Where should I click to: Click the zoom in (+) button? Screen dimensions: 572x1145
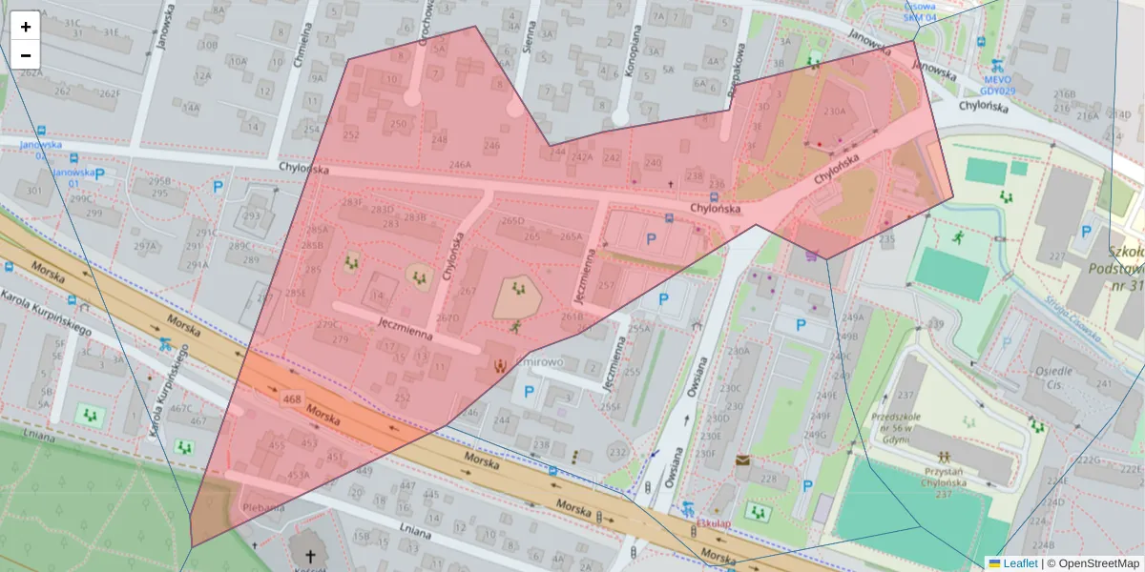[x=26, y=27]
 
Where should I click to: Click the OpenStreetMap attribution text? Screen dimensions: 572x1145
[x=1093, y=563]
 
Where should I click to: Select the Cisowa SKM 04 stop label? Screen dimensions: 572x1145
[x=920, y=11]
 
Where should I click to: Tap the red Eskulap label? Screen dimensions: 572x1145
[x=713, y=523]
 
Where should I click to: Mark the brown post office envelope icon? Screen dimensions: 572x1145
[x=742, y=460]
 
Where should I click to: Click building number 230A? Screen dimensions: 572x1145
[x=834, y=112]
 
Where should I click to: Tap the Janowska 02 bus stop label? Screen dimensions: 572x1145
[x=40, y=150]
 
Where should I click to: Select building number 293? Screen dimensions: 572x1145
[x=251, y=215]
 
